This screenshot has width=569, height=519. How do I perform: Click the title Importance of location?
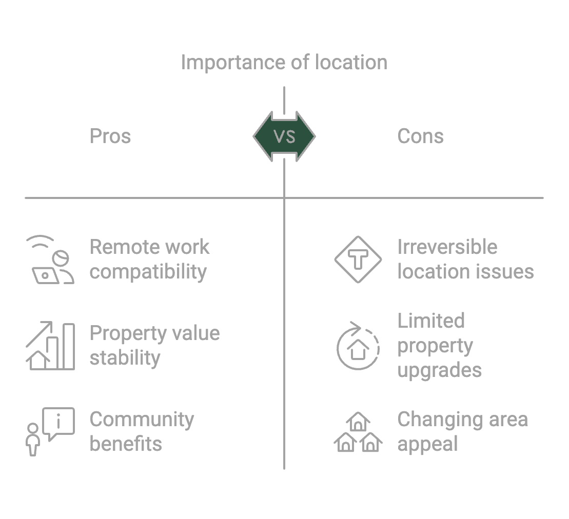[x=284, y=63]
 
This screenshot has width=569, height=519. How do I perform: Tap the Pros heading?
[x=110, y=136]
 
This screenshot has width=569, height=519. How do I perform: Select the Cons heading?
[x=420, y=136]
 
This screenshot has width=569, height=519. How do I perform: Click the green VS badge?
[x=284, y=136]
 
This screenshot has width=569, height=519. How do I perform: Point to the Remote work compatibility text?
[x=149, y=259]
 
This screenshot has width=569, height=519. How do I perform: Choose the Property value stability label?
[x=154, y=345]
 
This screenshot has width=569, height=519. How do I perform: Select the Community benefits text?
[x=142, y=431]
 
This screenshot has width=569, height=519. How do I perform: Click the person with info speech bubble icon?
[x=50, y=431]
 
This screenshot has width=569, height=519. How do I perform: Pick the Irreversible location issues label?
[x=465, y=259]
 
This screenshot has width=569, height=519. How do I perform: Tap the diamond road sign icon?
[x=358, y=259]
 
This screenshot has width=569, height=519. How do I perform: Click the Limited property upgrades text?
[x=440, y=345]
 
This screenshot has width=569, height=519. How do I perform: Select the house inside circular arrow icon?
[x=358, y=346]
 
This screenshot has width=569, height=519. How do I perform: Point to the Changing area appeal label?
[x=462, y=431]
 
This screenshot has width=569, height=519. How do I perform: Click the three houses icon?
[x=358, y=432]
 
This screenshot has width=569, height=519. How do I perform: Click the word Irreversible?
[x=447, y=247]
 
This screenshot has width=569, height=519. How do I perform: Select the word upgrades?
[x=440, y=370]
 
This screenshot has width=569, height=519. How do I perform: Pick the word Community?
[x=142, y=420]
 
